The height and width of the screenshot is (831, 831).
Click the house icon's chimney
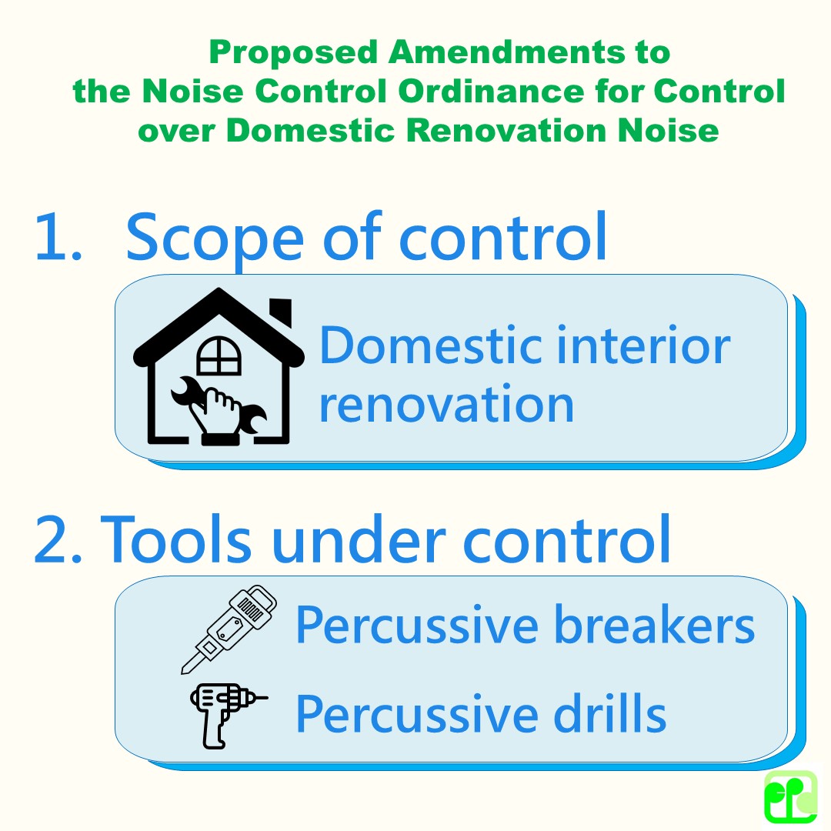point(282,312)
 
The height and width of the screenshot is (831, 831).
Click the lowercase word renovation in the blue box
point(446,403)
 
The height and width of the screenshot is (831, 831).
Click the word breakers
point(654,625)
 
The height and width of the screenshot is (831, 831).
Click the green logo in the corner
point(790,796)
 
